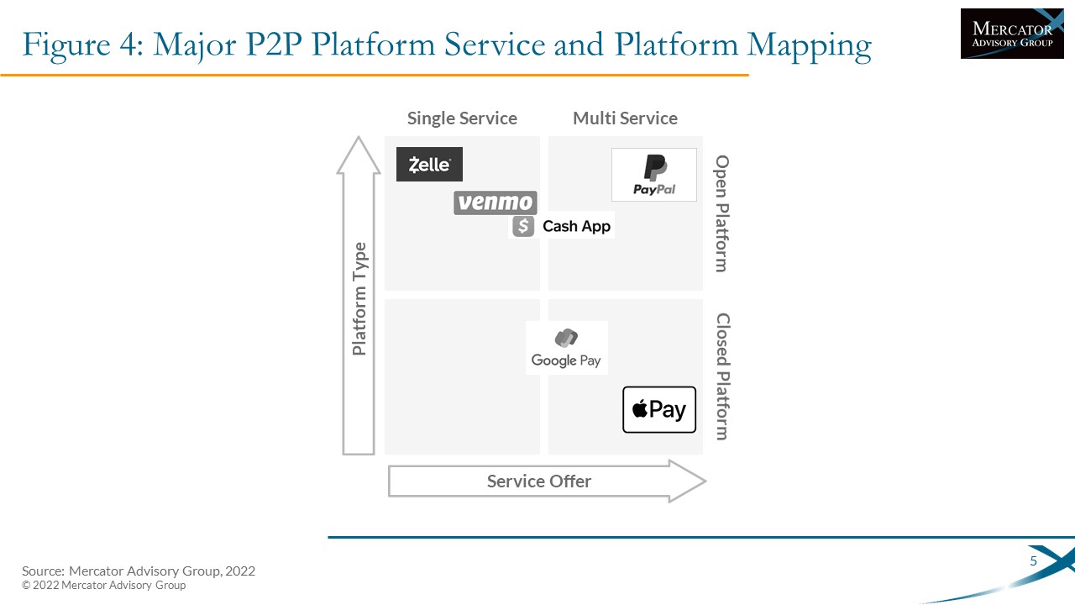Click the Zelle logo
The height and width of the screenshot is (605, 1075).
click(x=429, y=164)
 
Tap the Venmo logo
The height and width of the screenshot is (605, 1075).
click(x=496, y=203)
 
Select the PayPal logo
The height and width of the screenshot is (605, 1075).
click(x=654, y=175)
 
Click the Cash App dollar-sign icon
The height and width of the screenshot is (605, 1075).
click(x=523, y=226)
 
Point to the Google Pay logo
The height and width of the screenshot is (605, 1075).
click(x=566, y=348)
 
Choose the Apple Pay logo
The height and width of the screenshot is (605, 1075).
click(x=659, y=409)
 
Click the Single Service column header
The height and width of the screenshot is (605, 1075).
click(x=462, y=118)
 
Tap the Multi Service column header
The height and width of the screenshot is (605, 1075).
click(x=626, y=118)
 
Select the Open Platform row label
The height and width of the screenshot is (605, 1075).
click(x=721, y=213)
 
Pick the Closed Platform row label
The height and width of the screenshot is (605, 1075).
click(x=722, y=376)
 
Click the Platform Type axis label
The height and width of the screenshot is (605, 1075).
click(x=359, y=298)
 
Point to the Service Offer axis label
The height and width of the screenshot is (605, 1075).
click(x=539, y=481)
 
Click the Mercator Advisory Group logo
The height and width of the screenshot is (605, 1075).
click(x=1012, y=34)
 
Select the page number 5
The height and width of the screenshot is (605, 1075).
click(x=1033, y=560)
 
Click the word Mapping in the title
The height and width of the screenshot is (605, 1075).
click(x=809, y=45)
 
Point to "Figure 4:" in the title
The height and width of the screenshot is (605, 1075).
click(x=83, y=45)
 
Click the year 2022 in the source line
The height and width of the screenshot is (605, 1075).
click(x=240, y=571)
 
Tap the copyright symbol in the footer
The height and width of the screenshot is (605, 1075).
click(x=26, y=586)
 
